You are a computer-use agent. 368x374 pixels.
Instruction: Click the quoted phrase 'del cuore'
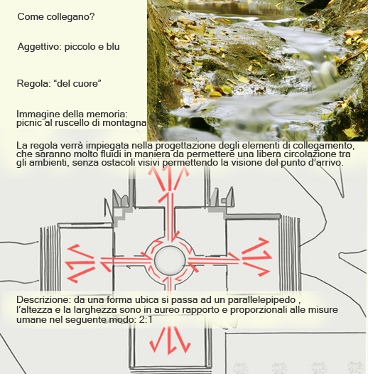[x=79, y=85]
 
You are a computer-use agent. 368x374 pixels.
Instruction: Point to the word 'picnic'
[x=29, y=123]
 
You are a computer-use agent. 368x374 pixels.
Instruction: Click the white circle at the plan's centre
[x=170, y=257]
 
